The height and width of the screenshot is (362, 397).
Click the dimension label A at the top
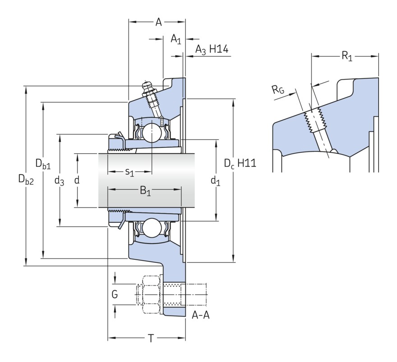(158, 22)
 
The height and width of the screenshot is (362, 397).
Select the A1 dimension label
(175, 40)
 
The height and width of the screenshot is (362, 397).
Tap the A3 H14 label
(211, 50)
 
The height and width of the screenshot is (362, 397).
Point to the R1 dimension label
(346, 56)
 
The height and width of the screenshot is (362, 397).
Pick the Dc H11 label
(240, 164)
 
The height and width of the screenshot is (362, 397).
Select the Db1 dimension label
(43, 163)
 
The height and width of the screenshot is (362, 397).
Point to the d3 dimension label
(59, 181)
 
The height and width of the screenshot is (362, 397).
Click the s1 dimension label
(129, 172)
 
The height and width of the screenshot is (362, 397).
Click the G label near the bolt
(115, 295)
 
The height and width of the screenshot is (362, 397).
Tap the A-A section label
(200, 315)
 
